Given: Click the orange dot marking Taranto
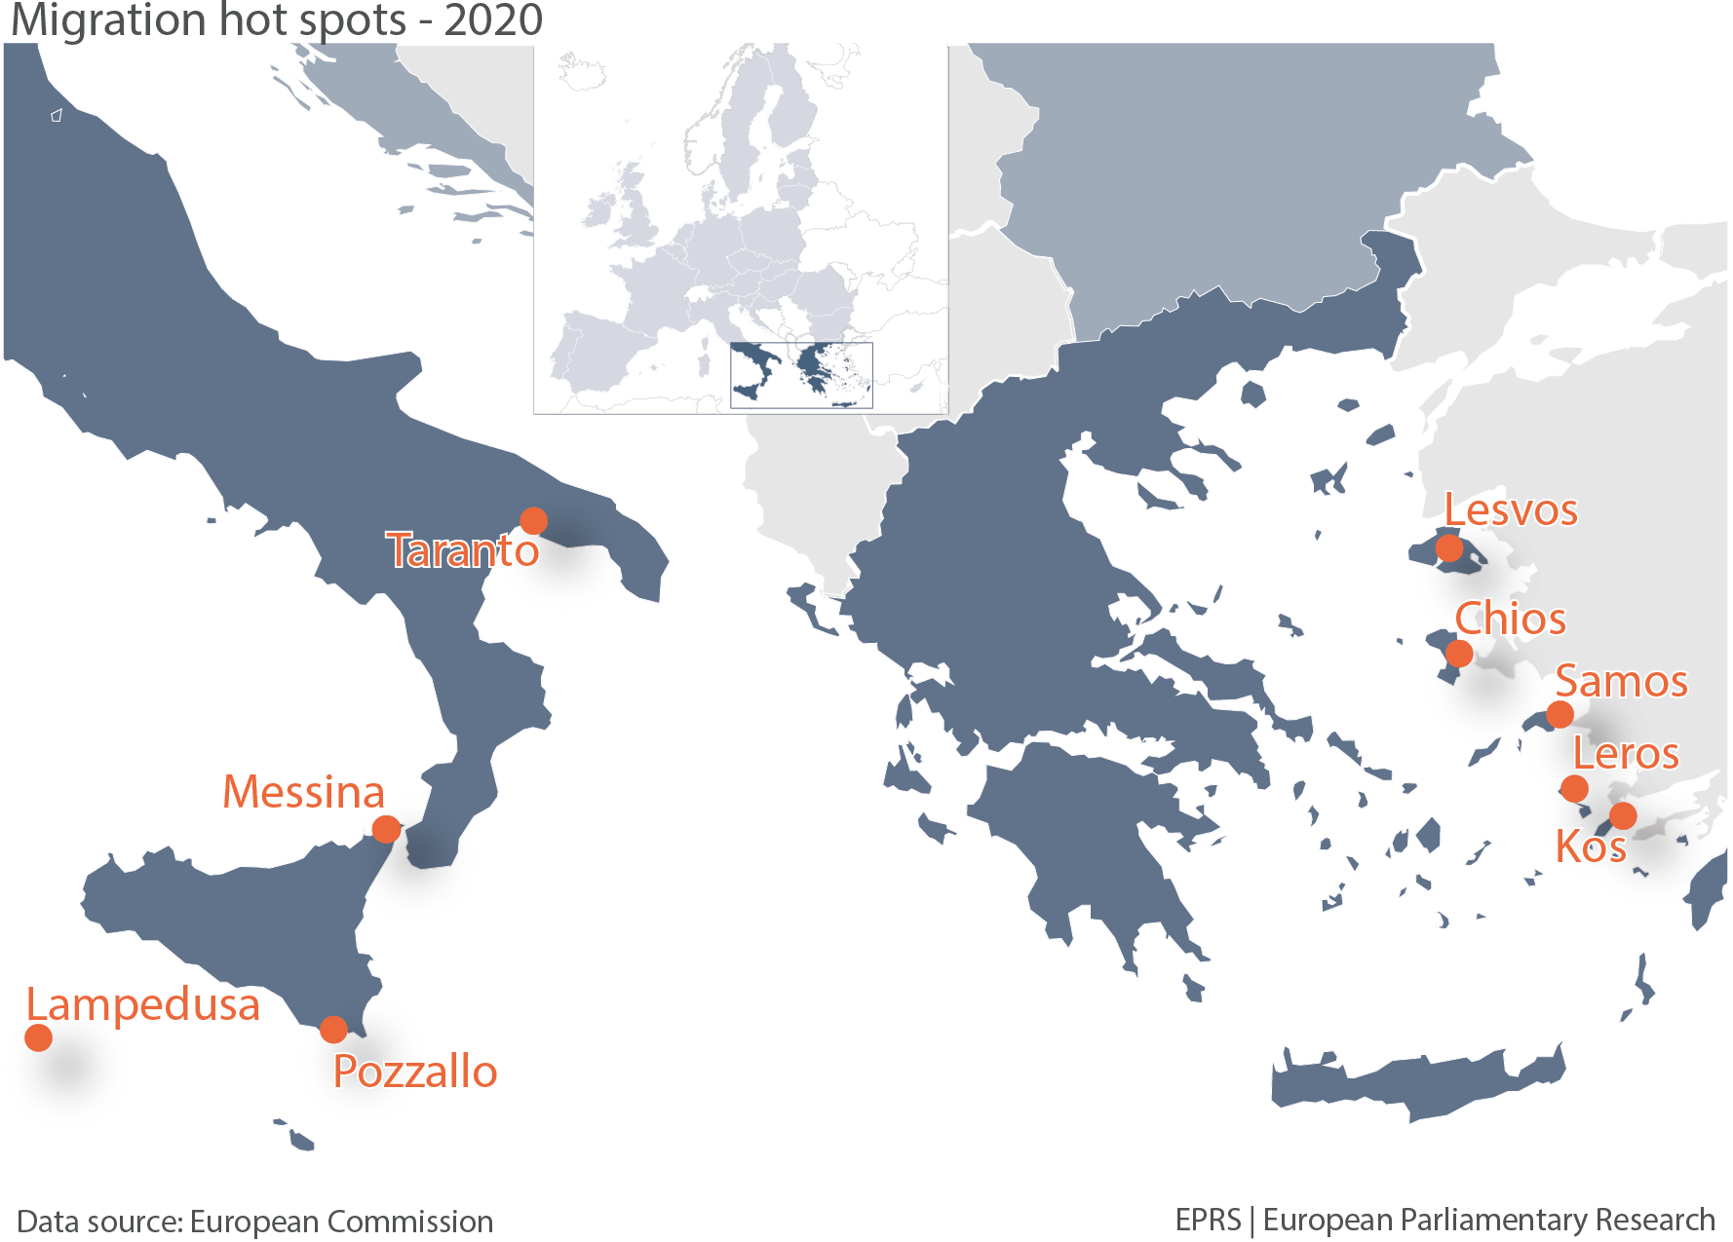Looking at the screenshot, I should point(533,521).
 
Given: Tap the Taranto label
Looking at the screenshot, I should point(463,551).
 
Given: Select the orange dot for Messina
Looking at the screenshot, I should point(387,829).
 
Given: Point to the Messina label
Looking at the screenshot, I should point(303,792).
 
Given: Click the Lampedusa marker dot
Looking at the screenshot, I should point(38,1037).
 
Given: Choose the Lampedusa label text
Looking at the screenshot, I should point(142,1005).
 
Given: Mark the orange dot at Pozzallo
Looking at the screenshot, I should point(333,1029).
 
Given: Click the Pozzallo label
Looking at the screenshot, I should point(415,1072).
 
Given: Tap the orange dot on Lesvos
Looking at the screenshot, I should point(1449,548).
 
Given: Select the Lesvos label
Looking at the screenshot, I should point(1510,510).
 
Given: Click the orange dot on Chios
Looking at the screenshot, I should point(1459,653).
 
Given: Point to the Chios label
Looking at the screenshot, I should point(1510,620).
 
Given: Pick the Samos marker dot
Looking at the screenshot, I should point(1560,714).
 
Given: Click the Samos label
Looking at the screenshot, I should point(1621,682).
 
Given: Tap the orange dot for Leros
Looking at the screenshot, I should point(1574,788).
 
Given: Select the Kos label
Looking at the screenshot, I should point(1590,847).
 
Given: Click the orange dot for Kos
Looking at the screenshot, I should point(1623,815).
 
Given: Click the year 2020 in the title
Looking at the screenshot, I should point(493,20).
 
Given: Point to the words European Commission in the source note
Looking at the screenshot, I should point(341,1222).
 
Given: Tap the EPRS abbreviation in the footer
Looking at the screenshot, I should point(1208,1220).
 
